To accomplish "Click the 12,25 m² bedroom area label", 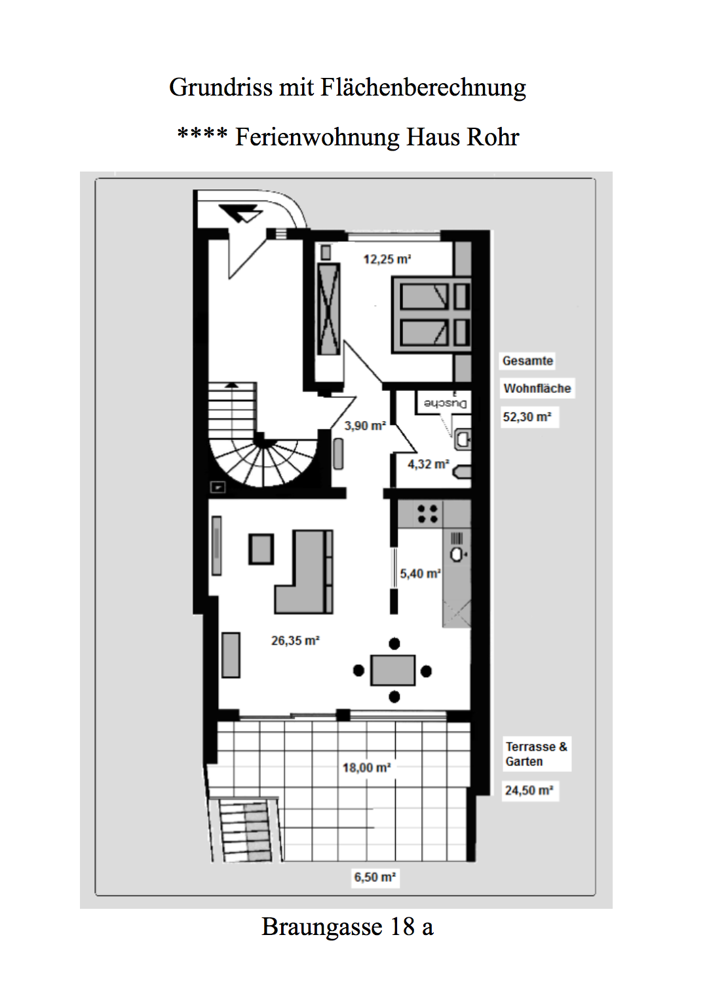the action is (x=387, y=259).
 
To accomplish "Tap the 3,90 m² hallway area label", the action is (x=365, y=426).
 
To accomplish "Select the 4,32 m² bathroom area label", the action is (x=428, y=464).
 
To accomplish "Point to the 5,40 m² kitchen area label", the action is (x=420, y=574).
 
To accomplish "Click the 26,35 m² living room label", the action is (x=295, y=640).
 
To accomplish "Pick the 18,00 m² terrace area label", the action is (x=366, y=767).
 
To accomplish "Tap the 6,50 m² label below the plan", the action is (x=375, y=877).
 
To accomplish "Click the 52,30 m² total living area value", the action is (x=527, y=417).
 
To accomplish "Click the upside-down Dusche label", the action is (x=445, y=403).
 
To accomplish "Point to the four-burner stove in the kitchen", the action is (x=428, y=513).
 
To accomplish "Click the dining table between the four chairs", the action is (x=393, y=670).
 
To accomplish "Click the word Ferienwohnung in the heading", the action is (x=317, y=137).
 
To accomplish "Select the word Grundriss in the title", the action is (x=221, y=87).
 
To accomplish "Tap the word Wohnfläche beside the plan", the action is (x=537, y=388).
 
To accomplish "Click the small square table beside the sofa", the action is (x=261, y=549).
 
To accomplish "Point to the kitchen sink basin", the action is (x=457, y=554).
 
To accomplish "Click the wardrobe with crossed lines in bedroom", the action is (x=329, y=309).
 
